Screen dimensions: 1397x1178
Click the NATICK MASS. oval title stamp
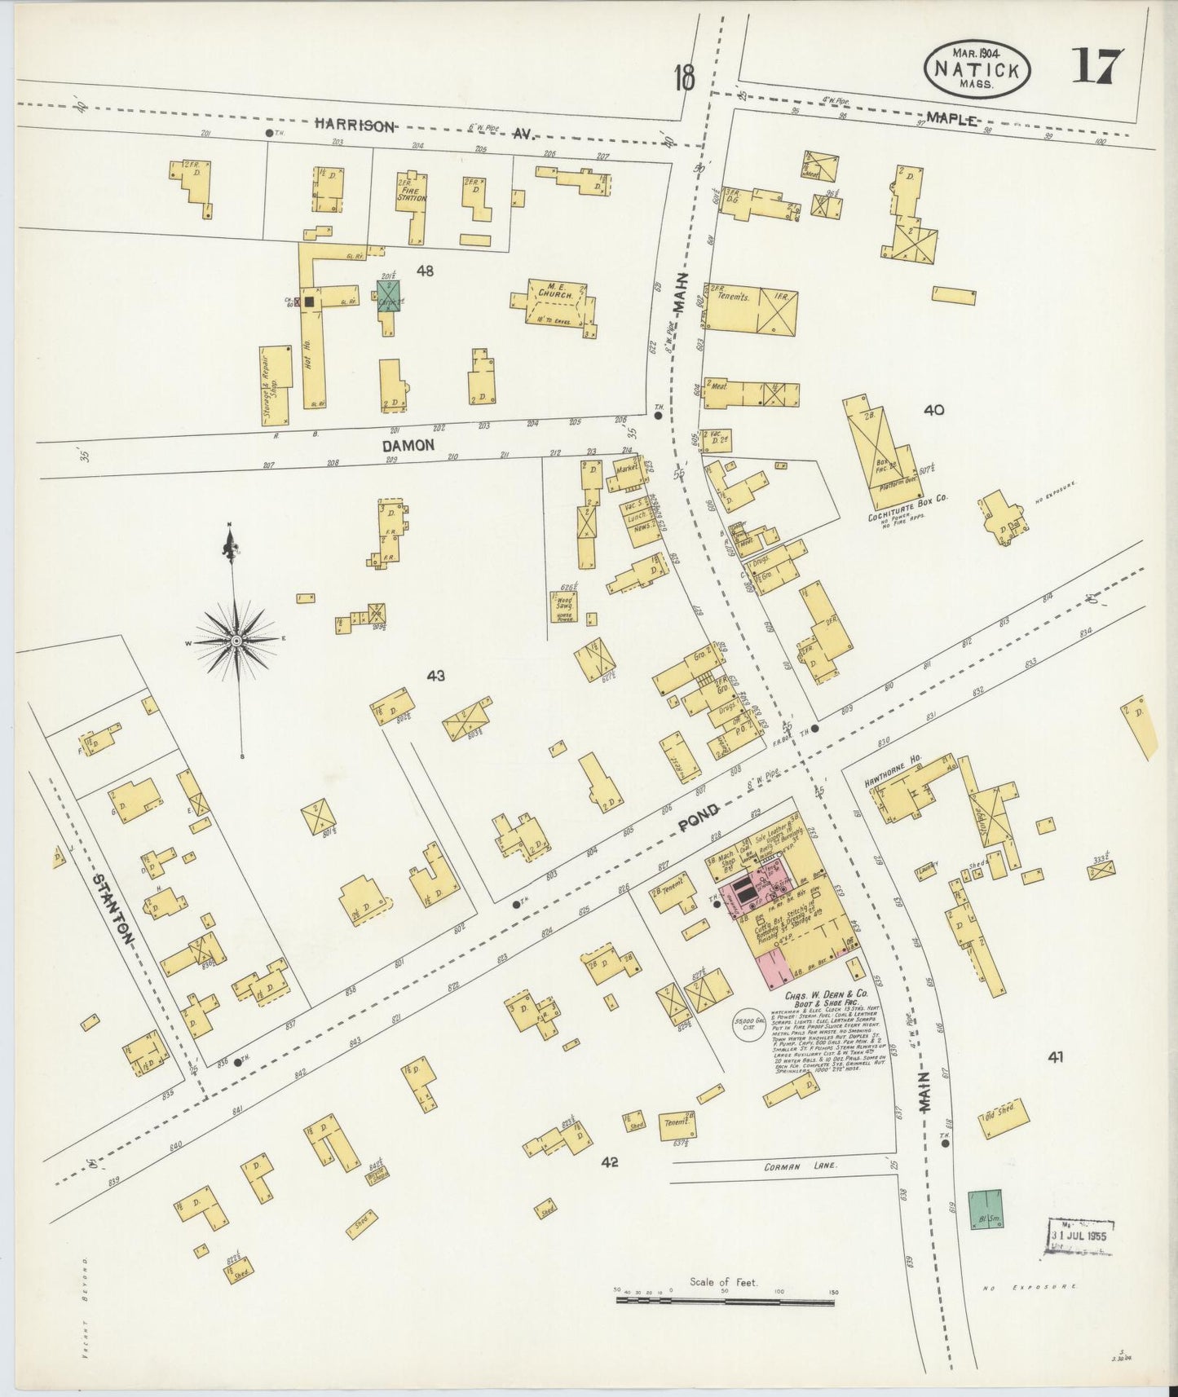tap(977, 68)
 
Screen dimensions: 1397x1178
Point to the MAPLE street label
tap(951, 120)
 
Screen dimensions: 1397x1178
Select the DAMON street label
tap(408, 445)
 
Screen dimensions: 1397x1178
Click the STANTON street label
tap(113, 909)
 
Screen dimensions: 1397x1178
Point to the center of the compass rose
tap(236, 641)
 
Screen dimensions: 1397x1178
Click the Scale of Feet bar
tap(725, 1302)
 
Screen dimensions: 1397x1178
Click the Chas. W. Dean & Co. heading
tap(825, 1000)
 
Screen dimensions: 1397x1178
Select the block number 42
tap(609, 1162)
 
